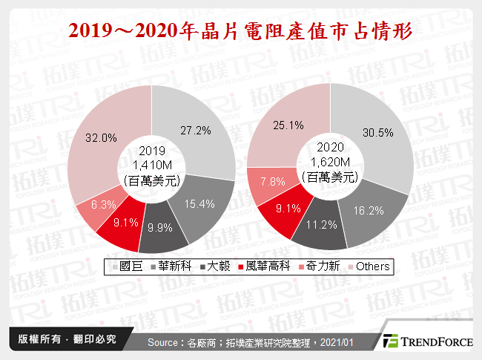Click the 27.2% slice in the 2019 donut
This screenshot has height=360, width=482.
197,130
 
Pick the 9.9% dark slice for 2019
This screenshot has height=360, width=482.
162,227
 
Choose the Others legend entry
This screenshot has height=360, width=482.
368,266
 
